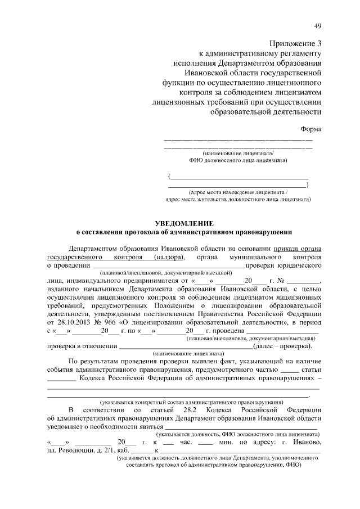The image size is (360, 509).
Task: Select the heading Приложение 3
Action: pyautogui.click(x=296, y=43)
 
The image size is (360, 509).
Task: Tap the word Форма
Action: pyautogui.click(x=311, y=129)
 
